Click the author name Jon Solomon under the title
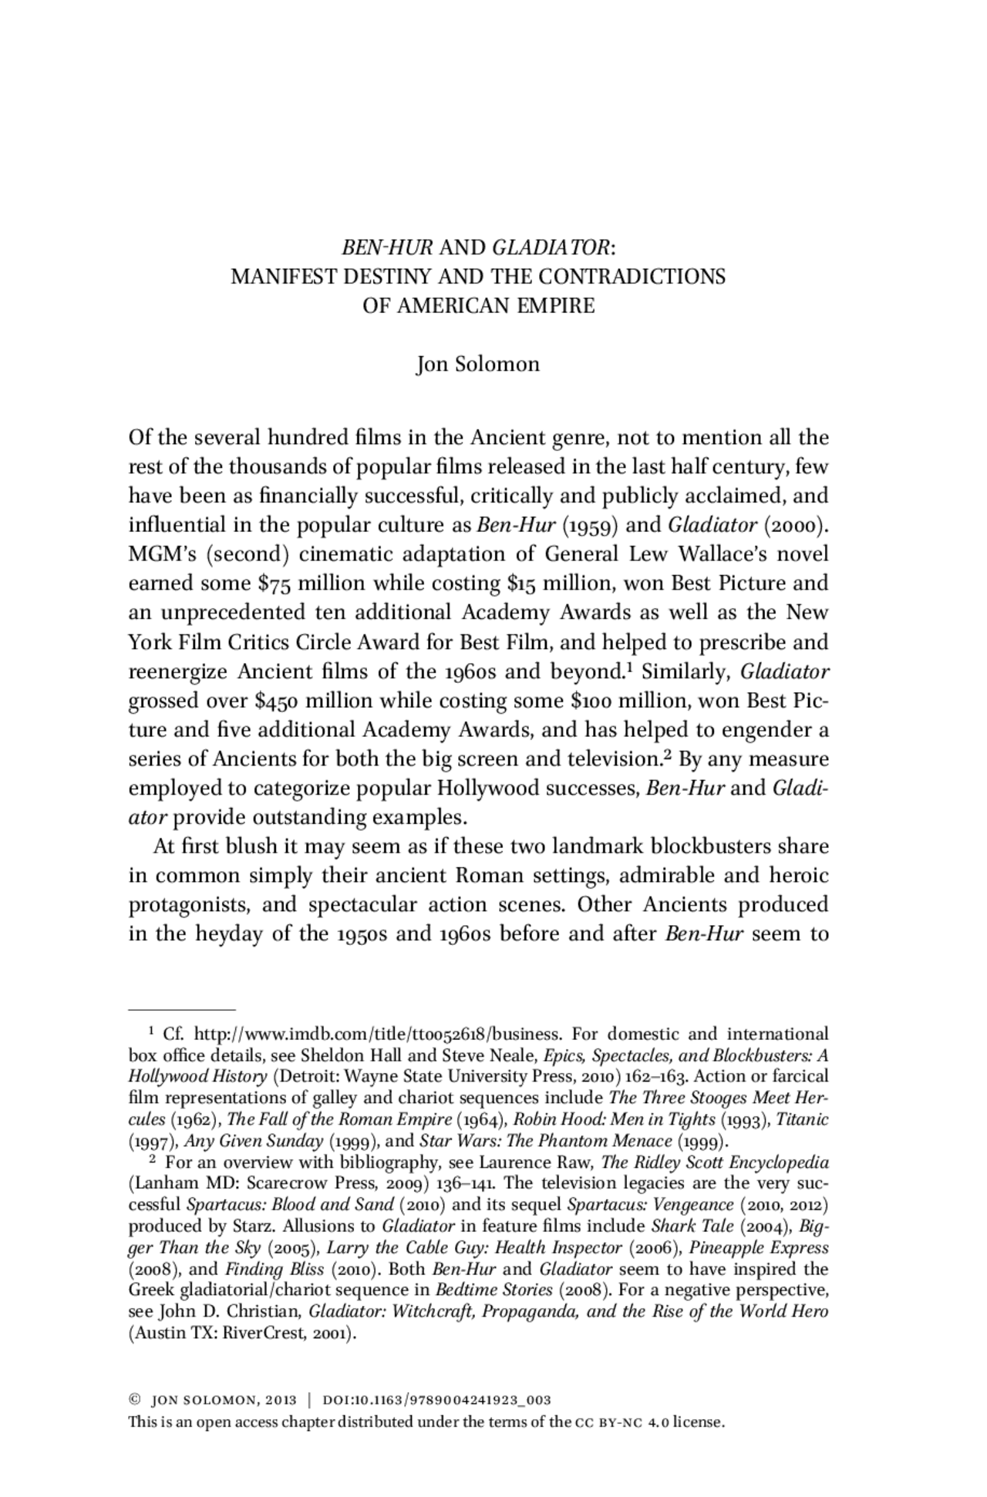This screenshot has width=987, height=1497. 477,364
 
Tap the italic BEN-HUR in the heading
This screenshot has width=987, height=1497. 387,247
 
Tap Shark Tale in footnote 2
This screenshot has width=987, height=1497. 682,1226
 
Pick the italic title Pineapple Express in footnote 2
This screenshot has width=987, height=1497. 758,1247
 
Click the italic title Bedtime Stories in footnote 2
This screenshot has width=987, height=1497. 493,1290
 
